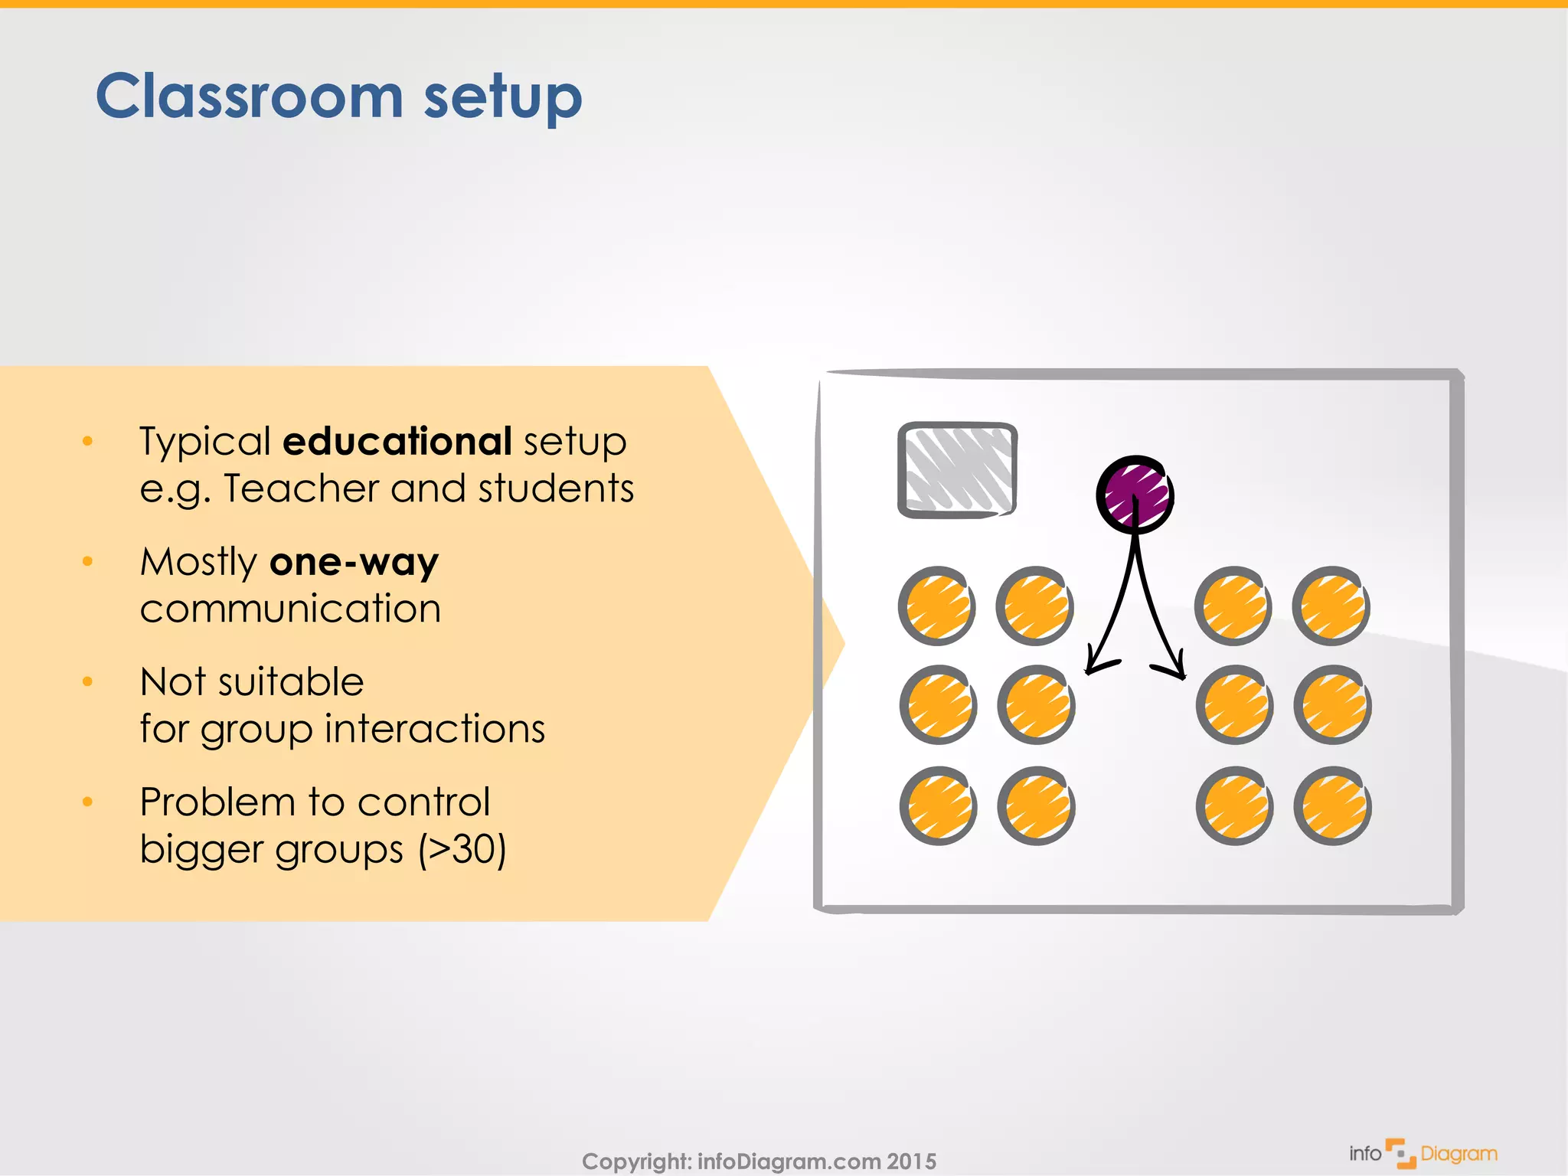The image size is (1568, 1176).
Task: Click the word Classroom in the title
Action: [249, 97]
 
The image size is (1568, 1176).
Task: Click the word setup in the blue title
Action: [503, 100]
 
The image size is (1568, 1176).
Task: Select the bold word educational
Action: [397, 442]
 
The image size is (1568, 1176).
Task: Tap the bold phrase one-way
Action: [354, 562]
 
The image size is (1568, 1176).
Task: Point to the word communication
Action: [290, 609]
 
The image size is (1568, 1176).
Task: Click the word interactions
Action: [434, 728]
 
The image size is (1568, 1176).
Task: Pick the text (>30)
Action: [462, 849]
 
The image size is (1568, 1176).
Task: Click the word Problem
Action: [217, 802]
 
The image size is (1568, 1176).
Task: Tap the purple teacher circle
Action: [1135, 494]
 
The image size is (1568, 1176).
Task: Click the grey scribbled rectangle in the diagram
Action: [957, 469]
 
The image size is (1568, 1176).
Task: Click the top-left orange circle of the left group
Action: [936, 606]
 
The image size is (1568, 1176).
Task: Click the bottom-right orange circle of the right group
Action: [1332, 805]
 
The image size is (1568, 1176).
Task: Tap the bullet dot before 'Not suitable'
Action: [87, 681]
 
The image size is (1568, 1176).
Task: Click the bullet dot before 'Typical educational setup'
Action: [87, 441]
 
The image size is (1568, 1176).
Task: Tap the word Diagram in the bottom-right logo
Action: [1459, 1154]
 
